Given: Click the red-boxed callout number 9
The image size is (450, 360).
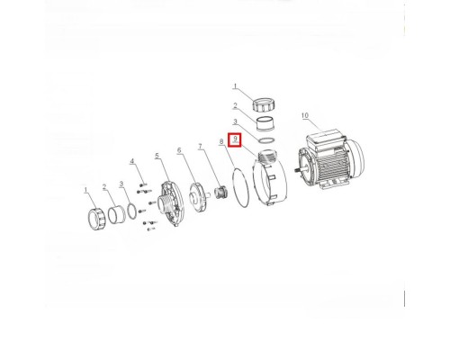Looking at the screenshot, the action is point(236,139).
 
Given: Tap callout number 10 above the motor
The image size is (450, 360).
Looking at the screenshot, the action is point(305,115).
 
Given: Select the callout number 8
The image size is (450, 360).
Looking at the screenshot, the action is point(221,141).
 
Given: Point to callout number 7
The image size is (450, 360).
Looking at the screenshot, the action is point(201,147).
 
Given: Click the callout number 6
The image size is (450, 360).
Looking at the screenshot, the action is point(179,150).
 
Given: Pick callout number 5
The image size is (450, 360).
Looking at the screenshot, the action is point(157,156).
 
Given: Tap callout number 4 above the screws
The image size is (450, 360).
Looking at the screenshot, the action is point(132,161).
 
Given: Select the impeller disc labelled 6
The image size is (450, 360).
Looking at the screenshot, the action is point(198,196).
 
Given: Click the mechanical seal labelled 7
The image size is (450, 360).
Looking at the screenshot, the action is point(221,192).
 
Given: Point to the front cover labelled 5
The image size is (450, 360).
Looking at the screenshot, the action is point(171,203).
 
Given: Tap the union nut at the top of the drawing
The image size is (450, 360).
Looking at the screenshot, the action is point(264,104).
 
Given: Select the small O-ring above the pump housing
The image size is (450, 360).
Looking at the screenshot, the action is point(265,140).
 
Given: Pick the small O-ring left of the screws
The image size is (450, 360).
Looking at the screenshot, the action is point(132,211).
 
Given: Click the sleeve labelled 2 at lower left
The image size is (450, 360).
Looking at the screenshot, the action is point(116,214).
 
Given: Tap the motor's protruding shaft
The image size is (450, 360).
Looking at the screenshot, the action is point(299,171).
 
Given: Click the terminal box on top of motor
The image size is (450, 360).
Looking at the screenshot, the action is point(326,140).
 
